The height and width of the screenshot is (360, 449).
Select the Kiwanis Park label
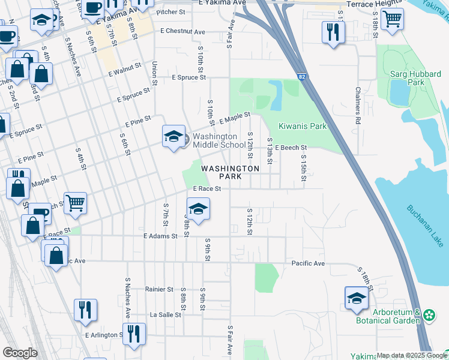303,127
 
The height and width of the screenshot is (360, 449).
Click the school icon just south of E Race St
198,209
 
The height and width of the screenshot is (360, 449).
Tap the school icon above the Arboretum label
357,298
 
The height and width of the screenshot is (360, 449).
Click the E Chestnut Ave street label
182,31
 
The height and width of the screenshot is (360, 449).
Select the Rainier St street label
159,289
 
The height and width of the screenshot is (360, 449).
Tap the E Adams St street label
160,236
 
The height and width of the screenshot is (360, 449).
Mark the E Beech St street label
291,147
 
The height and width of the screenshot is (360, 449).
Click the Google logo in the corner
20,353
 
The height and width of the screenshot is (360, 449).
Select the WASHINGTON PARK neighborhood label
230,173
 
